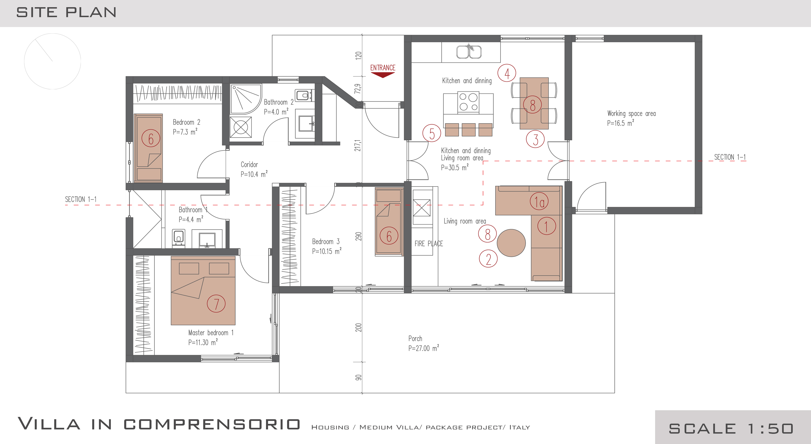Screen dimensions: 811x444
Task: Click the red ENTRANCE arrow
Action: (x=383, y=75)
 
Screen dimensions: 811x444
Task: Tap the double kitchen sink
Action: (x=469, y=52)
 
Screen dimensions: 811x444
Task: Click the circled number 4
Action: (x=507, y=73)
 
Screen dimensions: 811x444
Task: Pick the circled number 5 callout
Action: (x=432, y=133)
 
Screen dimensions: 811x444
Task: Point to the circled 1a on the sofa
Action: (x=539, y=201)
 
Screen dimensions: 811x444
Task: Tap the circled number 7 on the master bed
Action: (x=216, y=303)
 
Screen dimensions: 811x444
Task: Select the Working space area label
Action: (x=631, y=113)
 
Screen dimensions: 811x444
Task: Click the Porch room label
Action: (x=415, y=339)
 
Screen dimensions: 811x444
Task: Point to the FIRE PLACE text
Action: (x=428, y=243)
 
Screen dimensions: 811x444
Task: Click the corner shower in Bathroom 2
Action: (x=246, y=99)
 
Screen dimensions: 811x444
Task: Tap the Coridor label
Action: (x=249, y=164)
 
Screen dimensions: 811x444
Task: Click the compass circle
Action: (x=53, y=61)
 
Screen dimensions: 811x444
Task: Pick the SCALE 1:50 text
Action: (x=731, y=428)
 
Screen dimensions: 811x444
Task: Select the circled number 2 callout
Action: (x=488, y=259)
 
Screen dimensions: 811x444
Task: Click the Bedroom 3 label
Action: (x=326, y=241)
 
